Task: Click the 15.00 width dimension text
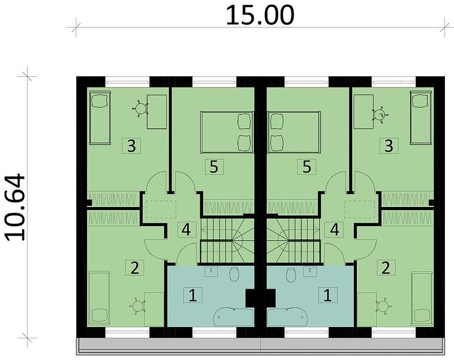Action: click(260, 16)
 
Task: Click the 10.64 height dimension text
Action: click(16, 208)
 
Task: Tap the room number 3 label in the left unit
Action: click(131, 146)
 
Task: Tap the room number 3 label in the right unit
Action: click(389, 146)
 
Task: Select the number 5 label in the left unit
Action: click(214, 167)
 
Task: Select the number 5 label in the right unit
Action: click(306, 167)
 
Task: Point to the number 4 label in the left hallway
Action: click(186, 230)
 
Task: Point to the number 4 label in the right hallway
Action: click(335, 230)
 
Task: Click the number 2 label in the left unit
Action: click(134, 268)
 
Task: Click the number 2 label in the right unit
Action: click(386, 268)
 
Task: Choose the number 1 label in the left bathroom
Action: click(193, 295)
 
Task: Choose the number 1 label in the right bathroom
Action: click(327, 295)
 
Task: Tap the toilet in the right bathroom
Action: click(291, 275)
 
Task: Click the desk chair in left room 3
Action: click(140, 109)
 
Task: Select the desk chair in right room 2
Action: click(383, 305)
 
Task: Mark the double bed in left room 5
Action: click(227, 133)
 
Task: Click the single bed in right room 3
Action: click(421, 117)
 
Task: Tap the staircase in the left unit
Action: click(227, 241)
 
